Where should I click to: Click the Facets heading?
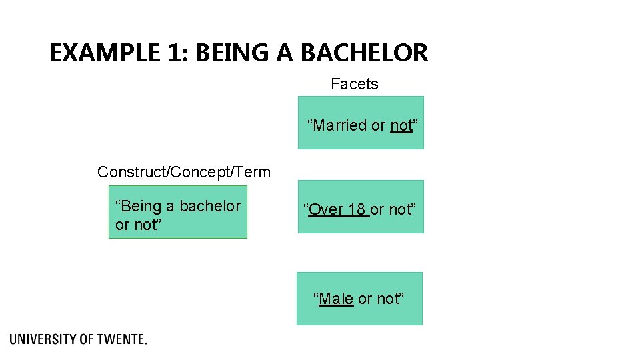[355, 84]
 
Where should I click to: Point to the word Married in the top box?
[340, 125]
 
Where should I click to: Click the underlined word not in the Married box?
[401, 125]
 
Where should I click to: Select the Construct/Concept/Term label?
[184, 172]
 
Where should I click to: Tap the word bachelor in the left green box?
[209, 206]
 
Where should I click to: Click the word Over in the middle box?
[325, 209]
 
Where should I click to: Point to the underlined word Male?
[336, 299]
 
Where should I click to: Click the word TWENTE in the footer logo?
[121, 339]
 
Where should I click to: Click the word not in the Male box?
[389, 299]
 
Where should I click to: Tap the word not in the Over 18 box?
[401, 209]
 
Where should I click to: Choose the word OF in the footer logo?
[87, 339]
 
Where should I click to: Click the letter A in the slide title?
[285, 53]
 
